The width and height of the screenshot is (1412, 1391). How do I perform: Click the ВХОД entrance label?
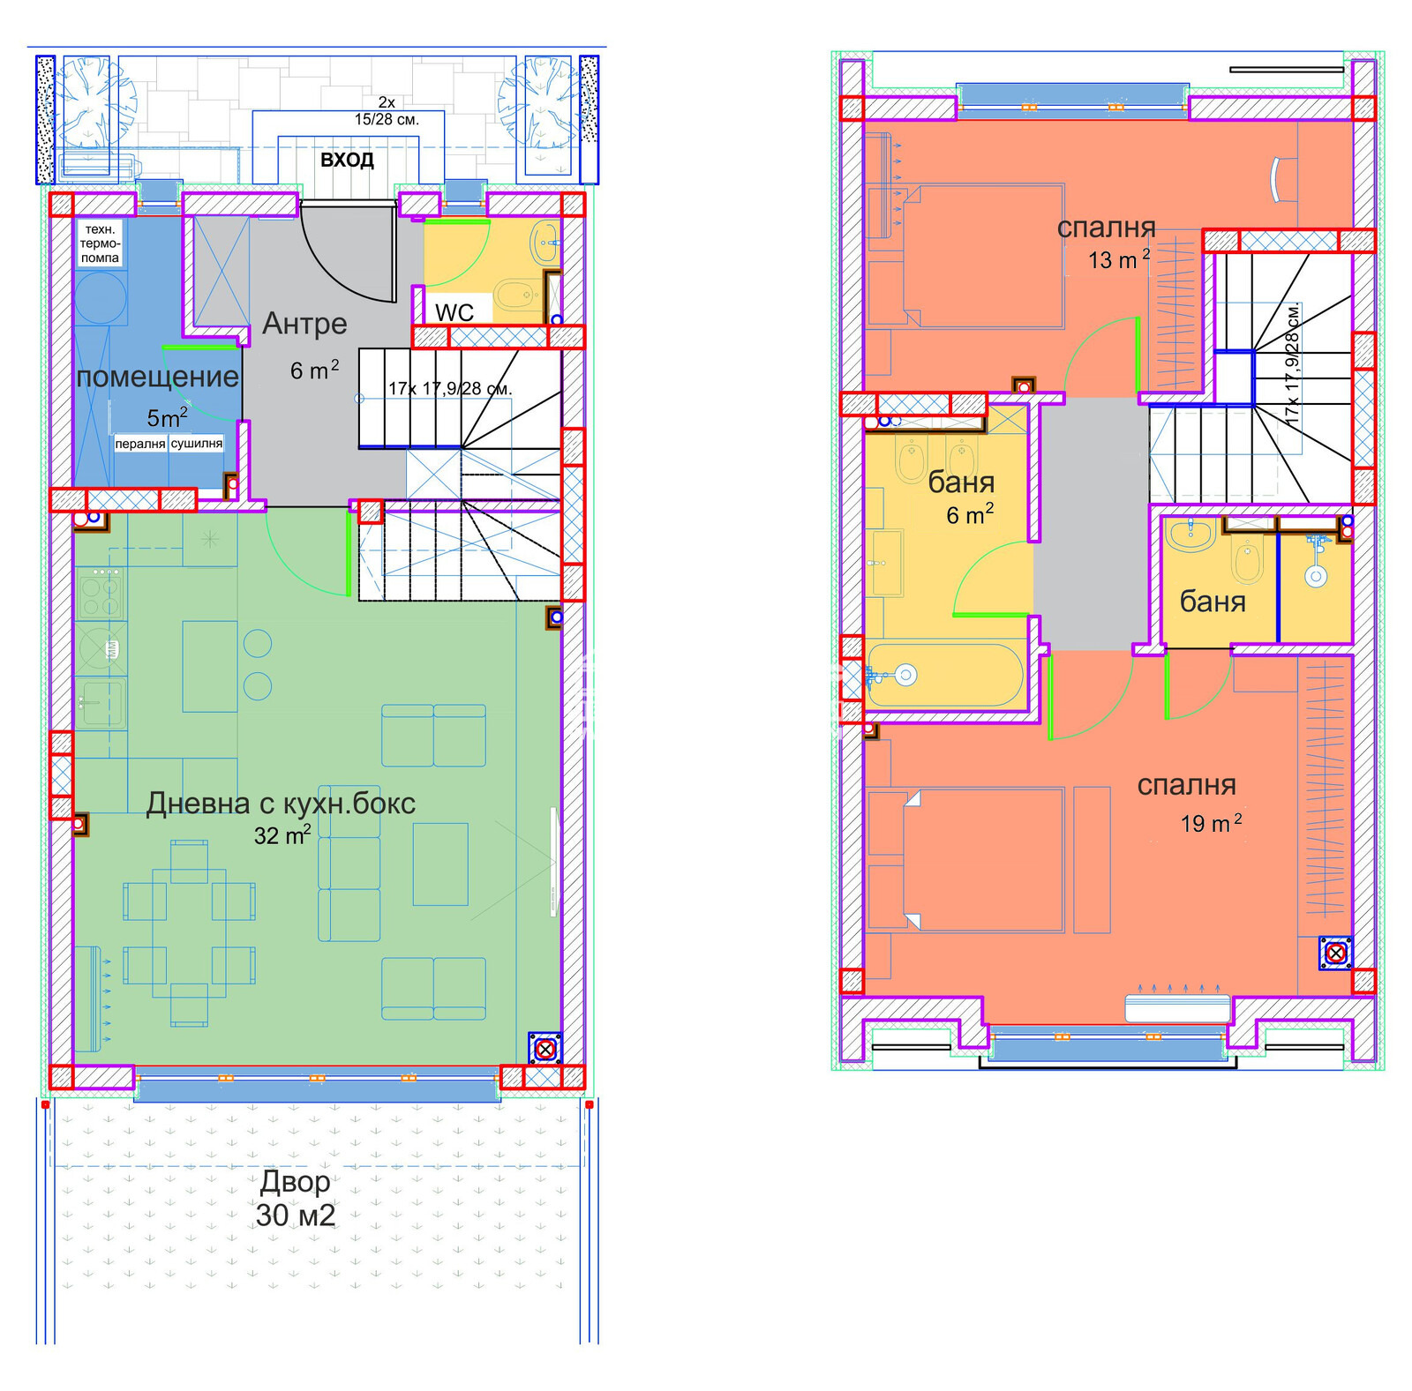(x=347, y=161)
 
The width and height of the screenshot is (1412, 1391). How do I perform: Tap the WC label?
(x=454, y=312)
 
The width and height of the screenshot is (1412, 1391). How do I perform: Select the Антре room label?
(x=304, y=324)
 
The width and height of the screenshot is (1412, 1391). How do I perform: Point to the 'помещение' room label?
(x=157, y=378)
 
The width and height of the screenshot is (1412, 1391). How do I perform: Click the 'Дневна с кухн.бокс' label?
(x=281, y=804)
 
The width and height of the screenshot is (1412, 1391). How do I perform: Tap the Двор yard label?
(x=296, y=1181)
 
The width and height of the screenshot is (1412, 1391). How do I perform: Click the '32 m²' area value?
(x=282, y=834)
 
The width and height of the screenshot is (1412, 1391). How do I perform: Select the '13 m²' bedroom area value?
(x=1119, y=259)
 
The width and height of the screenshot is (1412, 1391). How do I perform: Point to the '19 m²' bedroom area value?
(x=1212, y=823)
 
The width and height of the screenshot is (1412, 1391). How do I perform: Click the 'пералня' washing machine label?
(x=139, y=444)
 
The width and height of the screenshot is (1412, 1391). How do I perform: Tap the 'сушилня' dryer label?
(x=196, y=444)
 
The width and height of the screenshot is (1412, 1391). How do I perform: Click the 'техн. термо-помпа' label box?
(x=100, y=243)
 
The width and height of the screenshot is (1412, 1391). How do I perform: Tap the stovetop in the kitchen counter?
(x=100, y=593)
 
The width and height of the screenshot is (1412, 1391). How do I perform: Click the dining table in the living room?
(x=189, y=933)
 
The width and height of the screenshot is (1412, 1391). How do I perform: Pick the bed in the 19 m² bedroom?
(x=965, y=859)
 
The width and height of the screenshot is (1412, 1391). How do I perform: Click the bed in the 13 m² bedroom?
(x=965, y=256)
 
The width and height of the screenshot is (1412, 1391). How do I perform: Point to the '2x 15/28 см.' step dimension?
(x=387, y=111)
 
